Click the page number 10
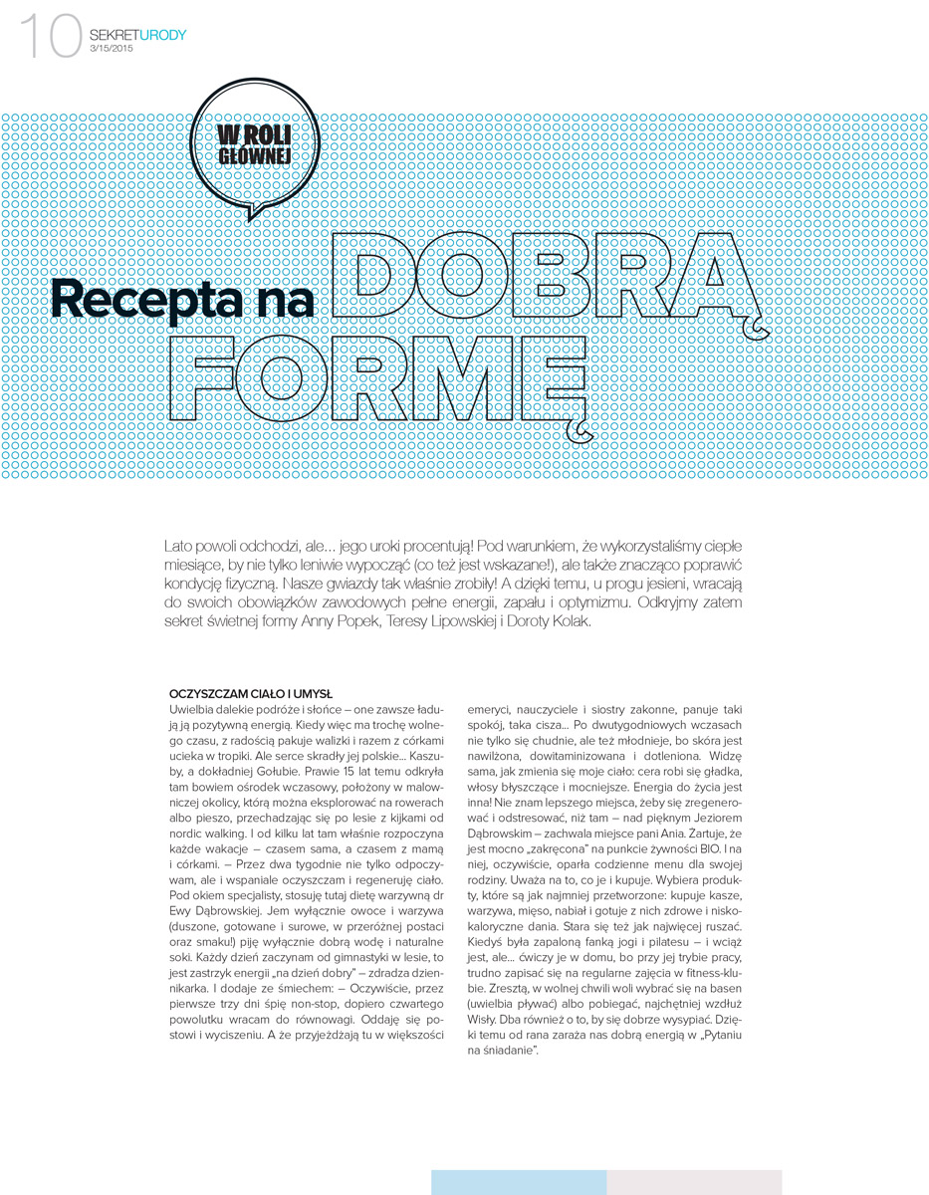point(49,38)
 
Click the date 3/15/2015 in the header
point(111,49)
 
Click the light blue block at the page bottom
point(519,1182)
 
